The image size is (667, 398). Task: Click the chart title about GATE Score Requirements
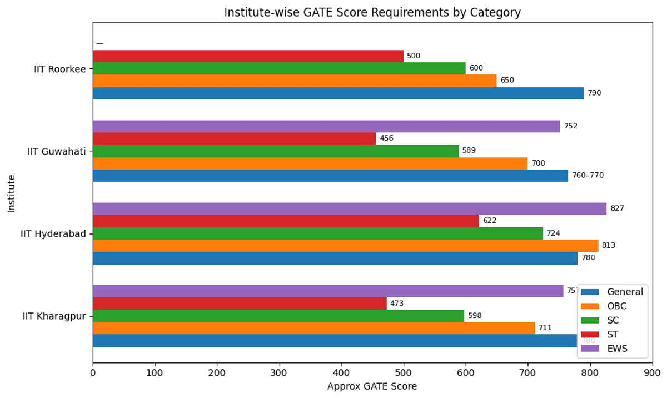point(372,12)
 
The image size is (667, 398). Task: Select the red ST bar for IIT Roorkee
point(248,56)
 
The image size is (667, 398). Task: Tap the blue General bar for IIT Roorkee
point(338,93)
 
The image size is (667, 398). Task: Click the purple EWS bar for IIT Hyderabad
point(350,208)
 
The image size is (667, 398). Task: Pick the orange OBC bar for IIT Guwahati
point(310,163)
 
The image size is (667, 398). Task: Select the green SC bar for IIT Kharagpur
point(278,316)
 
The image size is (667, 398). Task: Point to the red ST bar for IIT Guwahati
point(234,138)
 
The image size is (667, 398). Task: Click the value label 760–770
point(588,176)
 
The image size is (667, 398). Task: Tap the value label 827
point(617,208)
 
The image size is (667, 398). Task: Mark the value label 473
point(396,304)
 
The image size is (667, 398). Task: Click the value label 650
point(507,81)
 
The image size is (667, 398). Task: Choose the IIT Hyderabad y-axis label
point(53,234)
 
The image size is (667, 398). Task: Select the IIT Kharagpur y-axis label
point(54,316)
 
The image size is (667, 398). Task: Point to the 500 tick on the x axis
point(404,374)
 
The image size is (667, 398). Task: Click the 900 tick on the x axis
point(652,374)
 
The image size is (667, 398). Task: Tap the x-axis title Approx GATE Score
point(372,386)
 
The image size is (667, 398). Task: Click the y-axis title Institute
point(12,193)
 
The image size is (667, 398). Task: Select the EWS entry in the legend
point(616,349)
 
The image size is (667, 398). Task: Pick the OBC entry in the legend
point(616,306)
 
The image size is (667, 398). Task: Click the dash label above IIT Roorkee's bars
point(99,43)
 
